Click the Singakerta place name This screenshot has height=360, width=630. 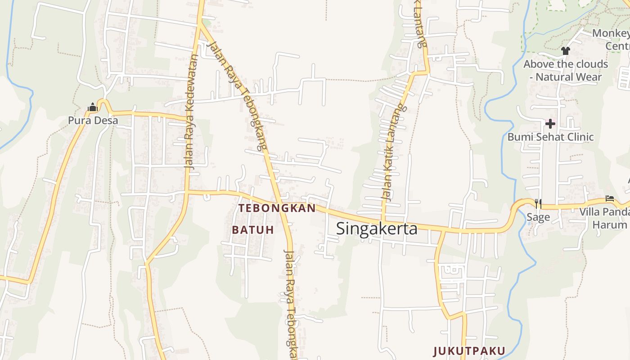[x=377, y=229]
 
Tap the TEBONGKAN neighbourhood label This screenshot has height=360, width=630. [x=277, y=208]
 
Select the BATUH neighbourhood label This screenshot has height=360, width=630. [x=253, y=229]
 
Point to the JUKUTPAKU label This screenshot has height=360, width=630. [x=469, y=351]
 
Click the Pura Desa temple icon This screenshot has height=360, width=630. [x=93, y=108]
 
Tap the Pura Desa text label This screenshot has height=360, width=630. [x=93, y=120]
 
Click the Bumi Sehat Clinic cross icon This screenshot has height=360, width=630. [x=550, y=123]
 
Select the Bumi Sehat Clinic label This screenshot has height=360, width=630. [x=550, y=137]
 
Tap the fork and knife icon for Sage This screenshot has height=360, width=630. [x=538, y=204]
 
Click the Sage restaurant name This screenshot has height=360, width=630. [x=538, y=217]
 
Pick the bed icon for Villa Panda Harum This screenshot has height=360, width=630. [x=610, y=198]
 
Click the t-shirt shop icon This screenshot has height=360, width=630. [x=566, y=51]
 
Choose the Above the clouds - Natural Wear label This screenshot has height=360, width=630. [x=566, y=71]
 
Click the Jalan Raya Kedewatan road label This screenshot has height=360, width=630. [x=192, y=112]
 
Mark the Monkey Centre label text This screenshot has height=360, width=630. [x=612, y=40]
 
